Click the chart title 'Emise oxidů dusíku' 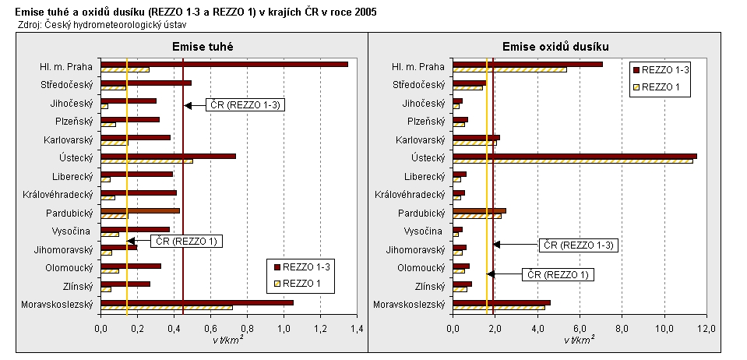555,48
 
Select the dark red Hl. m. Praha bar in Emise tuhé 224,64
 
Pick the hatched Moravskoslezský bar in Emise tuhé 167,307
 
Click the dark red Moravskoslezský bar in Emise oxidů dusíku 502,302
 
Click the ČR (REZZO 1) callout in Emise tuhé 186,241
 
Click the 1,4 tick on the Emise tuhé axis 356,330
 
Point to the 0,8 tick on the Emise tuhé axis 247,330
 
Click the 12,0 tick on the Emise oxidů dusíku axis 706,330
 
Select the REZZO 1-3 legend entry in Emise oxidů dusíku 667,69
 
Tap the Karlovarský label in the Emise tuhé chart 69,139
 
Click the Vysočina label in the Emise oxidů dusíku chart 425,231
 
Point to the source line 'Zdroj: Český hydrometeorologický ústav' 91,25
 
